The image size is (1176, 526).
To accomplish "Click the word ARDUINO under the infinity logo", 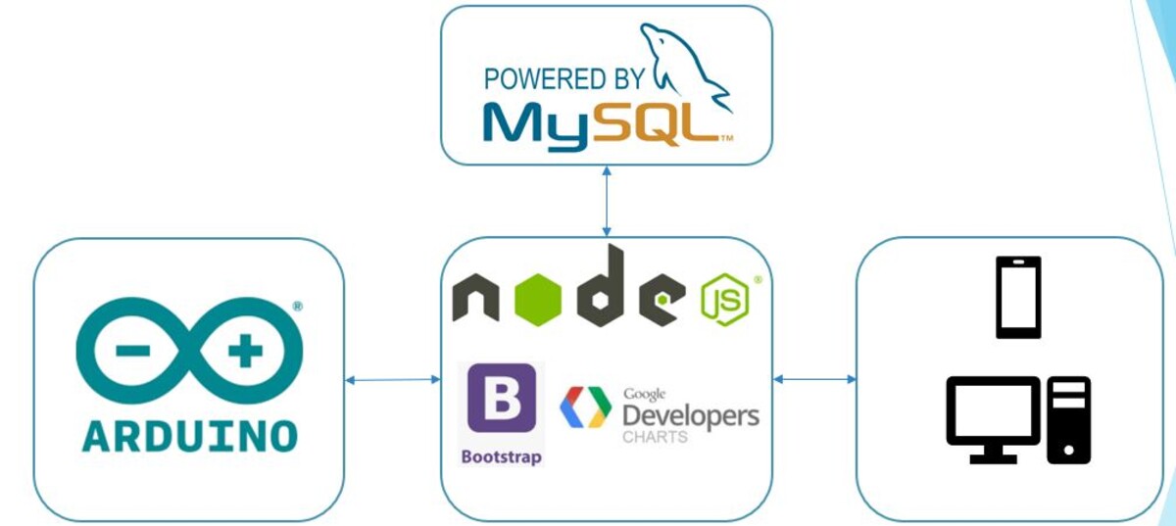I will (x=189, y=435).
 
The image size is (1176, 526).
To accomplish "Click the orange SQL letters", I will (x=661, y=125).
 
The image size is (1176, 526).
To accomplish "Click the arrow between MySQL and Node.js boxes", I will (x=607, y=201).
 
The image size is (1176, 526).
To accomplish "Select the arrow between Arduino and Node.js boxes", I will (x=392, y=380).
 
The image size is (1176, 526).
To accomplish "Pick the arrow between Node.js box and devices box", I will (x=814, y=379).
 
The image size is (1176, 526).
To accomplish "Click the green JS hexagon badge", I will (x=725, y=302).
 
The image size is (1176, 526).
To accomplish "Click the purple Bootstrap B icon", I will (x=502, y=398).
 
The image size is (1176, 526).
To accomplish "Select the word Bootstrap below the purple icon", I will (x=502, y=457).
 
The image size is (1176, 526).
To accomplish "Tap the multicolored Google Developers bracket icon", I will (x=585, y=408).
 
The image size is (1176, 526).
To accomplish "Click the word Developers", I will (x=691, y=415).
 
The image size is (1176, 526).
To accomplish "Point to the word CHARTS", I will (x=655, y=437).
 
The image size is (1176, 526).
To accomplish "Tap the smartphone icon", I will (x=1018, y=297).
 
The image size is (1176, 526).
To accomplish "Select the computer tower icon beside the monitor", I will (x=1069, y=419).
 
